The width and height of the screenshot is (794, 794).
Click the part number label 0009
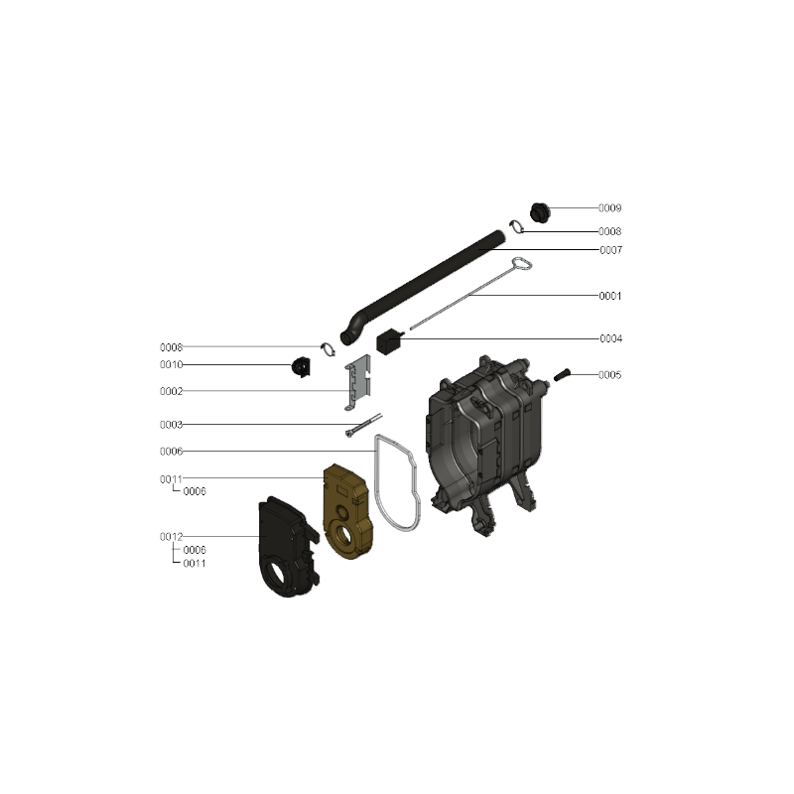(609, 208)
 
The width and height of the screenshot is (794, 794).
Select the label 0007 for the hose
(610, 250)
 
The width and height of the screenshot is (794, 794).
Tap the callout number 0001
(610, 296)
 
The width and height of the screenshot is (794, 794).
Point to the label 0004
(610, 338)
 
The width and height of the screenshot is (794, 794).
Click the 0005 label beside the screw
(609, 375)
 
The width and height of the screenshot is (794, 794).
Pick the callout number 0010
(171, 365)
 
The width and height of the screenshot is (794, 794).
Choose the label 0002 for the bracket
(171, 391)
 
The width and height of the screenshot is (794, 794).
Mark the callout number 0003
(171, 425)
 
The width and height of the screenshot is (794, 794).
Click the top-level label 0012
(171, 537)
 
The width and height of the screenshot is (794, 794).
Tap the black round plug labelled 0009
(540, 212)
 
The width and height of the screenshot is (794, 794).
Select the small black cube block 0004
(389, 341)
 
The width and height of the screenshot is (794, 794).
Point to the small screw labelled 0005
(562, 375)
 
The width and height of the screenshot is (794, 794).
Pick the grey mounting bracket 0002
(358, 383)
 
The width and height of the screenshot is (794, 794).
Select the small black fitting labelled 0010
(301, 367)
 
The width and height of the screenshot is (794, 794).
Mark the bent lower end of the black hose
(350, 333)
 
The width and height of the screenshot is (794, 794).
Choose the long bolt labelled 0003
(363, 425)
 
